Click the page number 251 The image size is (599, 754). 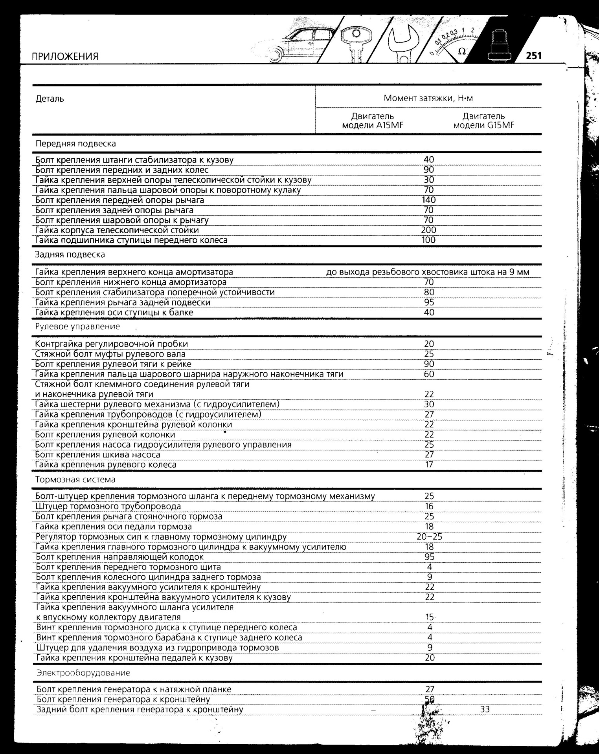pyautogui.click(x=533, y=56)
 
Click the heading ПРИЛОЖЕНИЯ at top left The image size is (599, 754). pyautogui.click(x=64, y=57)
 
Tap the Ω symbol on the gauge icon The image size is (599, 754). pyautogui.click(x=462, y=51)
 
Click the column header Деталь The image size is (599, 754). pyautogui.click(x=50, y=99)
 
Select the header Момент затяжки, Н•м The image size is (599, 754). pyautogui.click(x=428, y=98)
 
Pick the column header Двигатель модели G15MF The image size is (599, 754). pyautogui.click(x=483, y=121)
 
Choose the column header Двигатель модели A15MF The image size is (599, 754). pyautogui.click(x=373, y=121)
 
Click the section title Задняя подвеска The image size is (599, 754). pyautogui.click(x=70, y=254)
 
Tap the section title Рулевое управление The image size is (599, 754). pyautogui.click(x=77, y=327)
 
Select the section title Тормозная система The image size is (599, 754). pyautogui.click(x=75, y=479)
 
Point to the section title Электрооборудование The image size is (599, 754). pyautogui.click(x=83, y=673)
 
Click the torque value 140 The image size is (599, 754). pyautogui.click(x=428, y=200)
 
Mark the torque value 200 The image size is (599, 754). pyautogui.click(x=428, y=230)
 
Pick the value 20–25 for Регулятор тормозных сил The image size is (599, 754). pyautogui.click(x=429, y=537)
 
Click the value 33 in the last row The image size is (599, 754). pyautogui.click(x=485, y=710)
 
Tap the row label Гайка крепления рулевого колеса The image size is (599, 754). pyautogui.click(x=106, y=465)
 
